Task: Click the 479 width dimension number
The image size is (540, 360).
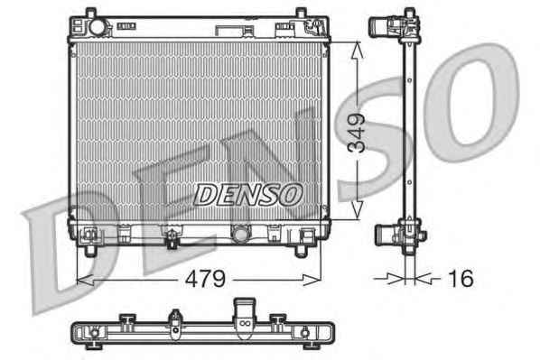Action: tap(205, 279)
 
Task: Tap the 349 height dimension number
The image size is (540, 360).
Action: tap(357, 133)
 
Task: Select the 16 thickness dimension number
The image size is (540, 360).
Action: tap(461, 278)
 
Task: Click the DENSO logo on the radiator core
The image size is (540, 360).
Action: tap(248, 195)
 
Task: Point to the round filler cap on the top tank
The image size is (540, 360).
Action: tap(98, 27)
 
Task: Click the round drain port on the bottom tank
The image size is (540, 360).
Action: tap(239, 234)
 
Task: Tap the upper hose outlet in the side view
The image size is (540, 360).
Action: tap(379, 26)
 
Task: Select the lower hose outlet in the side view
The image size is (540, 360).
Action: tap(385, 235)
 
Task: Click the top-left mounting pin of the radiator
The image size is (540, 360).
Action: tap(90, 13)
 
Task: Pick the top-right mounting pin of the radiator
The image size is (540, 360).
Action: tap(301, 13)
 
